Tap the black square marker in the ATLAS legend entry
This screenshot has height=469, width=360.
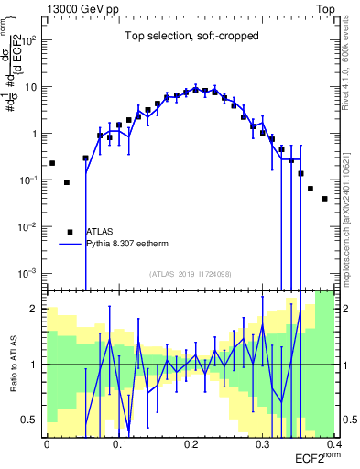70,232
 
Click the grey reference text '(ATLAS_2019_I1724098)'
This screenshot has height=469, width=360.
190,274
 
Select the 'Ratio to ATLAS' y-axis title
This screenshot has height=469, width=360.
13,365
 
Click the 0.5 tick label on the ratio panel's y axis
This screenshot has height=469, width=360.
33,420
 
